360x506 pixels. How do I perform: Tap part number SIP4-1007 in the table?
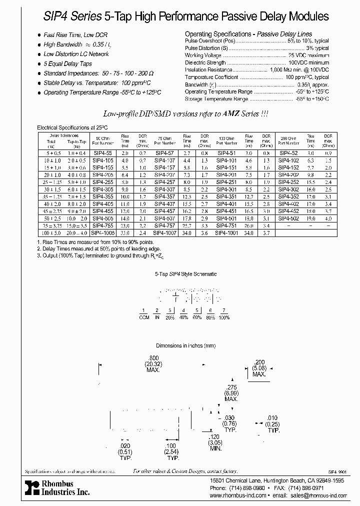(163, 233)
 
